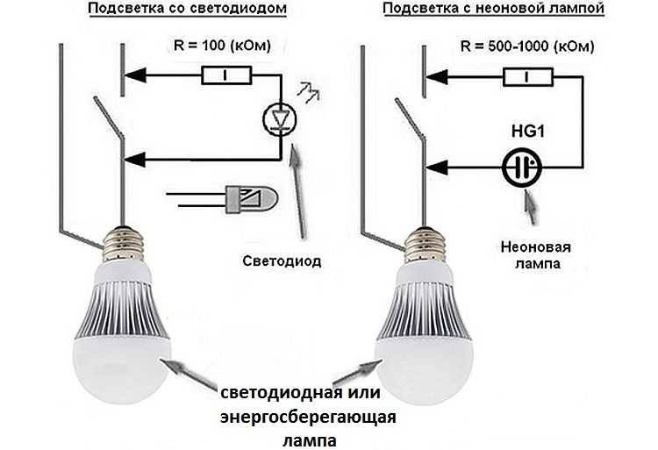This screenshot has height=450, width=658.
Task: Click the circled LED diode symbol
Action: (x=281, y=116)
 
